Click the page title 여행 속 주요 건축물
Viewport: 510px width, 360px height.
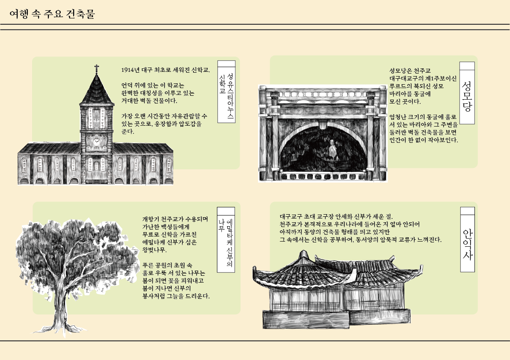[52, 14]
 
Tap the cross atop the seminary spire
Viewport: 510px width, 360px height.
[97, 68]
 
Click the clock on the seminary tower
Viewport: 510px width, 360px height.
[97, 142]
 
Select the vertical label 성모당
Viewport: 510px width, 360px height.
[467, 96]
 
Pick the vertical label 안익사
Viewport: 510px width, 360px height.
[467, 244]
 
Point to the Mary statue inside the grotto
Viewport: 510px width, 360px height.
[332, 149]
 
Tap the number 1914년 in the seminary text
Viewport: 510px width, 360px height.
[130, 70]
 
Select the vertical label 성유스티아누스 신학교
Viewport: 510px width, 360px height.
[226, 96]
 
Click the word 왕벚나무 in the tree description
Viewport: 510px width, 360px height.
[154, 250]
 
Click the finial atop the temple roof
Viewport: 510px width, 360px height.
[303, 254]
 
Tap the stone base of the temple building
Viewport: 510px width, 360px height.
[337, 319]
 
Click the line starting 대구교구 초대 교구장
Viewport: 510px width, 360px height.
[336, 216]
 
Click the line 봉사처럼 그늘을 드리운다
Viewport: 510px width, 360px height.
[176, 296]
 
